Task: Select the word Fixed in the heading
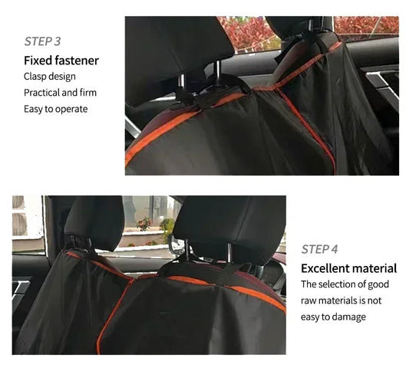[x=38, y=60]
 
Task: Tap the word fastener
[x=77, y=60]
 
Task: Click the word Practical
[x=44, y=93]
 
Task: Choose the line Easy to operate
[x=55, y=109]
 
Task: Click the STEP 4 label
[x=319, y=249]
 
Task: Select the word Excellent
[x=325, y=268]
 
